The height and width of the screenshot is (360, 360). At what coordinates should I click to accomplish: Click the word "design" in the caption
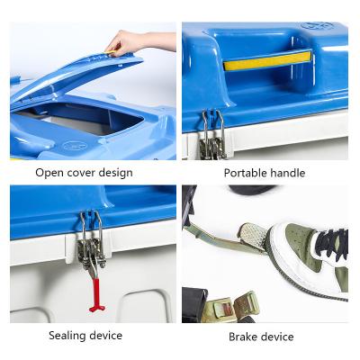coord(116,174)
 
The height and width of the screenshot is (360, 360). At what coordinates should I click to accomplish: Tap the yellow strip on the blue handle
coord(267,61)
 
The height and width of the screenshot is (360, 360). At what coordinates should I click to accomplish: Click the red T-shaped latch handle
coord(96,295)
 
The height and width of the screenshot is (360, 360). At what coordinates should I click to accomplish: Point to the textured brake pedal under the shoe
coord(254,236)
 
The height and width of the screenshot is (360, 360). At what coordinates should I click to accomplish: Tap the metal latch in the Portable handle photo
coord(212,135)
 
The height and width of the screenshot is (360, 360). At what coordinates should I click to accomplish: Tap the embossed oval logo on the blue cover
coord(75,146)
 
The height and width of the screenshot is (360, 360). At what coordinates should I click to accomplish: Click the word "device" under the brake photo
coord(276,337)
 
